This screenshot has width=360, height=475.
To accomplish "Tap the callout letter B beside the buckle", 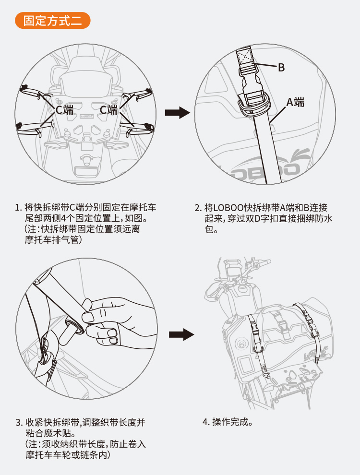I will click(281, 68).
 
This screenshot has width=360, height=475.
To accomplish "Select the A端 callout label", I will click(295, 102).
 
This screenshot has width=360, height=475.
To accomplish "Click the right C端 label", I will click(108, 110).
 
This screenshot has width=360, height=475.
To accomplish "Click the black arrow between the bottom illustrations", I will click(181, 334).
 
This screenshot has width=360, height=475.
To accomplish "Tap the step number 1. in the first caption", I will click(18, 208).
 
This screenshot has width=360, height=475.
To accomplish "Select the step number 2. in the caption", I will click(197, 208).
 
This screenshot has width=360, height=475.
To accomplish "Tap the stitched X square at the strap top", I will click(246, 56).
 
